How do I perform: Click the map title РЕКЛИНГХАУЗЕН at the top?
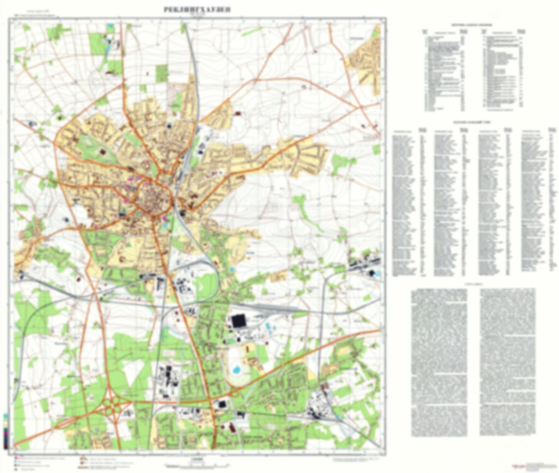[x=197, y=10]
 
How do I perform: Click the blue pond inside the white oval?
[x=236, y=370]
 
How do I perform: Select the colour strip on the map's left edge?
[x=5, y=431]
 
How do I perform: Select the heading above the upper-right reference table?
[x=472, y=25]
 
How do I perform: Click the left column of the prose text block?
[x=439, y=363]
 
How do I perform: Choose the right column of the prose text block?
[x=508, y=363]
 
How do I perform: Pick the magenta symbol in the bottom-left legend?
[x=16, y=458]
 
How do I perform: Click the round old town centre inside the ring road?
[x=155, y=200]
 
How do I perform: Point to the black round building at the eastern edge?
[x=372, y=273]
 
